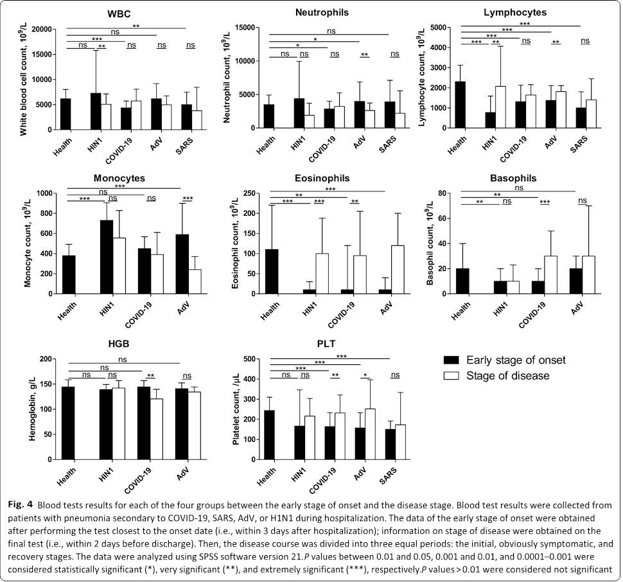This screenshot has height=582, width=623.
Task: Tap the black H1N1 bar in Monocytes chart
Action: (106, 256)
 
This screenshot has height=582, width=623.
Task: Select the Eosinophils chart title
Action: (326, 178)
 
